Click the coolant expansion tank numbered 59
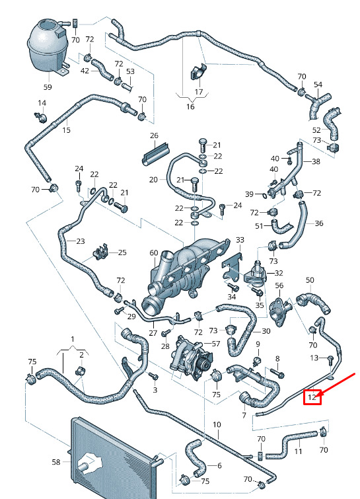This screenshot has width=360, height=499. pyautogui.click(x=48, y=47)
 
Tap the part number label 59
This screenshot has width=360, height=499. pyautogui.click(x=48, y=87)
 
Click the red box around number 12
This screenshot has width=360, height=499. pyautogui.click(x=312, y=397)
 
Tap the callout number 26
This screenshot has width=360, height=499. pyautogui.click(x=154, y=135)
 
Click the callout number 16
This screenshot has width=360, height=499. pyautogui.click(x=190, y=106)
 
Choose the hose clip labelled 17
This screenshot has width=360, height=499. pyautogui.click(x=198, y=73)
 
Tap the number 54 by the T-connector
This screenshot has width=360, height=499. pyautogui.click(x=318, y=85)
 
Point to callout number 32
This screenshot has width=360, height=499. pyautogui.click(x=279, y=273)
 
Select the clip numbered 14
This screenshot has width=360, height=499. pyautogui.click(x=41, y=116)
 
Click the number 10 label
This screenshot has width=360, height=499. pyautogui.click(x=217, y=424)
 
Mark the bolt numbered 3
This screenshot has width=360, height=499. pyautogui.click(x=154, y=376)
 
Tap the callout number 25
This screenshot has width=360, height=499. pyautogui.click(x=122, y=252)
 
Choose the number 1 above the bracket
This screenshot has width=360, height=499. pyautogui.click(x=73, y=339)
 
